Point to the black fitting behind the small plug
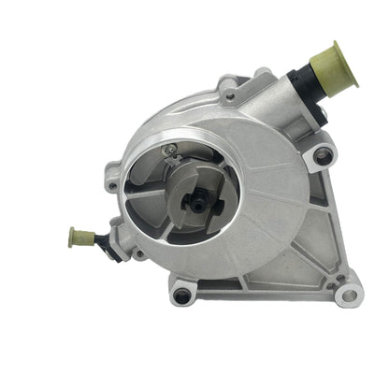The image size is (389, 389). point(104,241)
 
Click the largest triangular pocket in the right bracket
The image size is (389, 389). point(281,234)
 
